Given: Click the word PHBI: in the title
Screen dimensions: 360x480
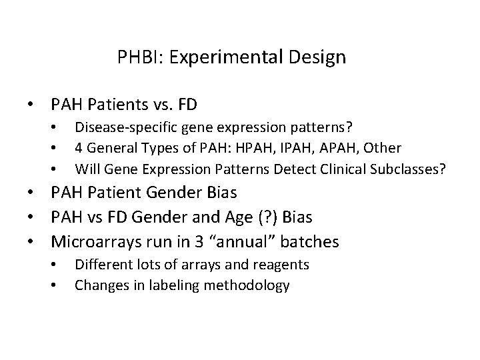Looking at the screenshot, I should coord(137,57).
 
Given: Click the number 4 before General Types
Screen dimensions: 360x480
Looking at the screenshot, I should coord(79,147).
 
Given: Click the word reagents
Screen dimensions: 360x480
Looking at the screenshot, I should coord(281,265).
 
